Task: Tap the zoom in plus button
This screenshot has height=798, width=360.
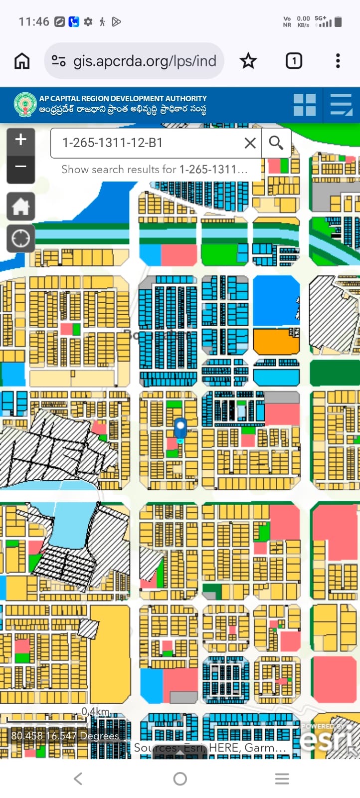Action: click(x=20, y=140)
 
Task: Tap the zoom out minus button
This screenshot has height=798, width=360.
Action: click(x=20, y=167)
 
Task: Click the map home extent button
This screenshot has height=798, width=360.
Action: click(x=20, y=206)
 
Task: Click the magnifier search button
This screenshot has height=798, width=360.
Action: click(x=276, y=143)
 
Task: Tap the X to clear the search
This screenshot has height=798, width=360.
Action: click(x=250, y=143)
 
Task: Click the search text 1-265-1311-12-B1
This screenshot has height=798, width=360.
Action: click(x=113, y=143)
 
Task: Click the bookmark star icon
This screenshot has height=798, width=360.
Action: click(x=248, y=61)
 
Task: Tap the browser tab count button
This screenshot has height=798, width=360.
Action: click(x=294, y=61)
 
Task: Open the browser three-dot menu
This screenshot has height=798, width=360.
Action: click(x=338, y=61)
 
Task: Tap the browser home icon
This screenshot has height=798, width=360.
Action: click(x=22, y=61)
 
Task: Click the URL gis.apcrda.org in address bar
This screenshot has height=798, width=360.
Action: click(x=145, y=61)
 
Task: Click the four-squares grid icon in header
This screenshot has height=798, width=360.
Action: click(x=304, y=105)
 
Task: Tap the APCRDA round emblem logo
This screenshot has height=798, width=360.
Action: click(x=25, y=105)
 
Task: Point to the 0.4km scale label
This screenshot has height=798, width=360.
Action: click(x=95, y=711)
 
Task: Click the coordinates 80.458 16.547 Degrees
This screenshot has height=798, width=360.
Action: click(x=65, y=736)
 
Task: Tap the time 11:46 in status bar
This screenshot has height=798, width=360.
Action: click(x=34, y=21)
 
